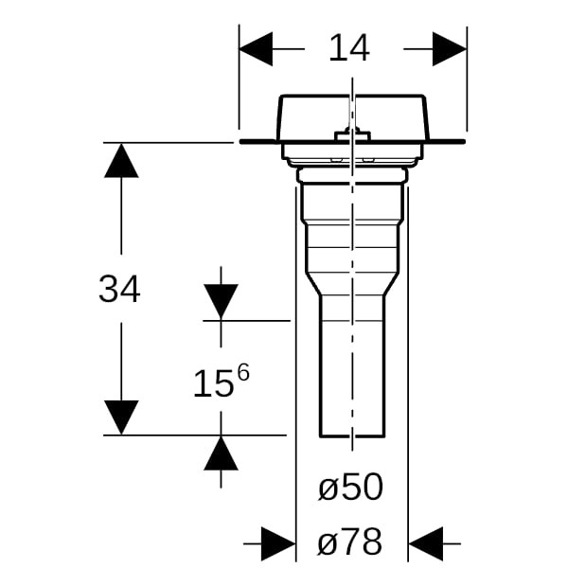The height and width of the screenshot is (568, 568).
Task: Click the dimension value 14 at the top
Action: tap(349, 48)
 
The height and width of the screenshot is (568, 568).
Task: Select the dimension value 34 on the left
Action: tap(119, 289)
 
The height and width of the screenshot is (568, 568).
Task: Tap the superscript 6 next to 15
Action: tap(243, 373)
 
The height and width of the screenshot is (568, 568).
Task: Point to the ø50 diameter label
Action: tap(350, 487)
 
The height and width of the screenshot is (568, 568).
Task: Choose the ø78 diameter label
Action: tap(350, 541)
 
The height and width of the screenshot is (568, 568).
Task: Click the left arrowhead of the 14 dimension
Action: tap(256, 49)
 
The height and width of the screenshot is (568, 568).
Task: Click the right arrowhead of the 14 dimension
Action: tap(450, 49)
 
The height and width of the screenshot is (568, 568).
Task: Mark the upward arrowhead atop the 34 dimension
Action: tap(121, 161)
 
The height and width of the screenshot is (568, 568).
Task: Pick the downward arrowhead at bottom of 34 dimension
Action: tap(121, 417)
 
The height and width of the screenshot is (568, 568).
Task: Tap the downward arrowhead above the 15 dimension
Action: tap(221, 301)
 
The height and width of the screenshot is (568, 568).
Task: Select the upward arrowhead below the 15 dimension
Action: tap(221, 453)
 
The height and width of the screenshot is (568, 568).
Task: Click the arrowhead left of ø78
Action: tap(278, 543)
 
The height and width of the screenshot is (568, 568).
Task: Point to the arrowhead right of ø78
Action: tap(426, 543)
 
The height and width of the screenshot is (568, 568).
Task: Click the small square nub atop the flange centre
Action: tap(352, 135)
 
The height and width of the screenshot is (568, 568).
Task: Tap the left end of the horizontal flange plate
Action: tap(240, 142)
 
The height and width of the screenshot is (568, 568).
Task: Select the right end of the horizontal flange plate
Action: tap(464, 142)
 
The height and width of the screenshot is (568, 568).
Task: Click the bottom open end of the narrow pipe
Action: tap(352, 436)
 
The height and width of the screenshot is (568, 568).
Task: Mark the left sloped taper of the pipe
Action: tap(313, 284)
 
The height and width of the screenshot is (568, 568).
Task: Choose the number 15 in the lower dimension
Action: tap(212, 384)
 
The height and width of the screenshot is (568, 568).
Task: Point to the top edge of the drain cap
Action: tap(352, 96)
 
